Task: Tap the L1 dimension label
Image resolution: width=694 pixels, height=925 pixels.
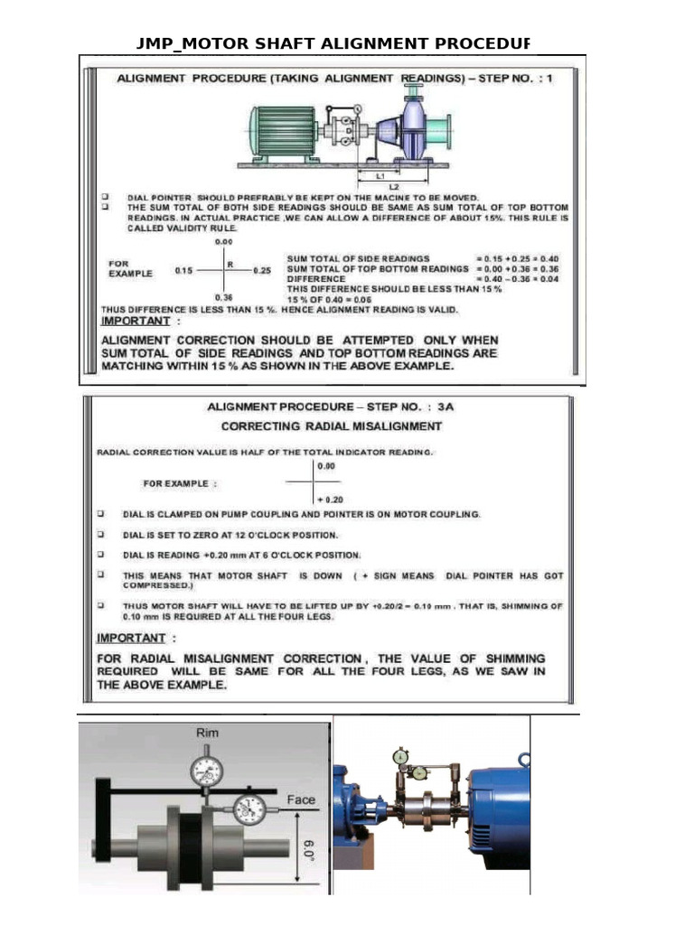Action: coord(381,175)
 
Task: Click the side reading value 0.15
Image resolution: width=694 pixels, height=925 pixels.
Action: coord(183,270)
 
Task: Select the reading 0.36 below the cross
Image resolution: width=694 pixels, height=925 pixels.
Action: coord(223,296)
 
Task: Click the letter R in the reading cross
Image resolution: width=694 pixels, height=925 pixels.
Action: coord(231,265)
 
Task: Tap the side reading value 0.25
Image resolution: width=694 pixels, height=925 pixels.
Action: coord(262,270)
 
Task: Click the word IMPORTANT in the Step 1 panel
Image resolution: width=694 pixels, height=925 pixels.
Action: coord(135,321)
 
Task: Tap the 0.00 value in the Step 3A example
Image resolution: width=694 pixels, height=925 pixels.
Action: coord(326,466)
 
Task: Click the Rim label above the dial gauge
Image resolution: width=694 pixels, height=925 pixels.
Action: coord(208,733)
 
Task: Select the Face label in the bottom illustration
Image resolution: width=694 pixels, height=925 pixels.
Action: coord(300,799)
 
